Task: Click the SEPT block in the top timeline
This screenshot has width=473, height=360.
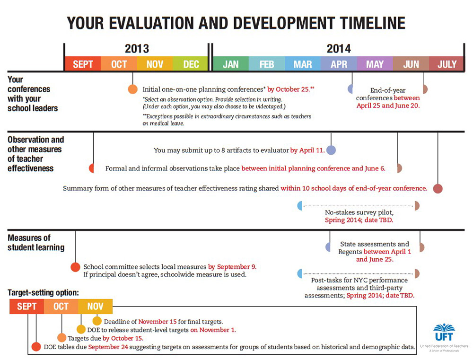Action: coord(82,64)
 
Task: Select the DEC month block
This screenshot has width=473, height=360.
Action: coord(191,64)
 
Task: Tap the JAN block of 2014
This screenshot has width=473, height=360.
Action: coord(230,64)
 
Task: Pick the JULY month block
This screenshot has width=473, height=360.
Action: coord(447,64)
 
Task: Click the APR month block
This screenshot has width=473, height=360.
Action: coord(339,64)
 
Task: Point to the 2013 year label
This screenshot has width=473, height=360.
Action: coord(137,49)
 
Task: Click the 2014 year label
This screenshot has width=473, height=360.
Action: coord(339,49)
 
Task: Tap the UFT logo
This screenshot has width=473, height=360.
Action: coord(443,334)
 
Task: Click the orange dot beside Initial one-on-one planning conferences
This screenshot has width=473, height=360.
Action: coord(132,89)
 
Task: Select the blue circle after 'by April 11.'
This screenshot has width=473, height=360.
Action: coord(331,150)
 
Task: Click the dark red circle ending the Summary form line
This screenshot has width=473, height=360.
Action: coord(438,188)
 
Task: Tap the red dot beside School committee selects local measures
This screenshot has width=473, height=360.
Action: coord(75,267)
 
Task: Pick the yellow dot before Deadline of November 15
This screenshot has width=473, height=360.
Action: coord(97,321)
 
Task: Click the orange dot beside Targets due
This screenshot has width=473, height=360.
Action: coord(62,338)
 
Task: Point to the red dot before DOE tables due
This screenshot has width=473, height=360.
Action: coord(36,347)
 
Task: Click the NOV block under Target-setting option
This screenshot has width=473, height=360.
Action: coord(95,307)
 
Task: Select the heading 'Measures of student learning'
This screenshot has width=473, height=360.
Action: coord(36,242)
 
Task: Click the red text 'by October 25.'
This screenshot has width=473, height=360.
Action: coord(291,89)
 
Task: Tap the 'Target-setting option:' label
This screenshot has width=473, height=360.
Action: coord(43,293)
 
